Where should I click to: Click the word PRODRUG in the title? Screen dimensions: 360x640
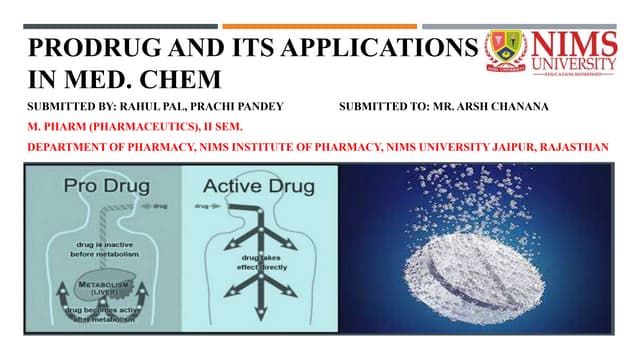[x=74, y=47]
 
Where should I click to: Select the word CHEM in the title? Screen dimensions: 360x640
[x=184, y=76]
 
